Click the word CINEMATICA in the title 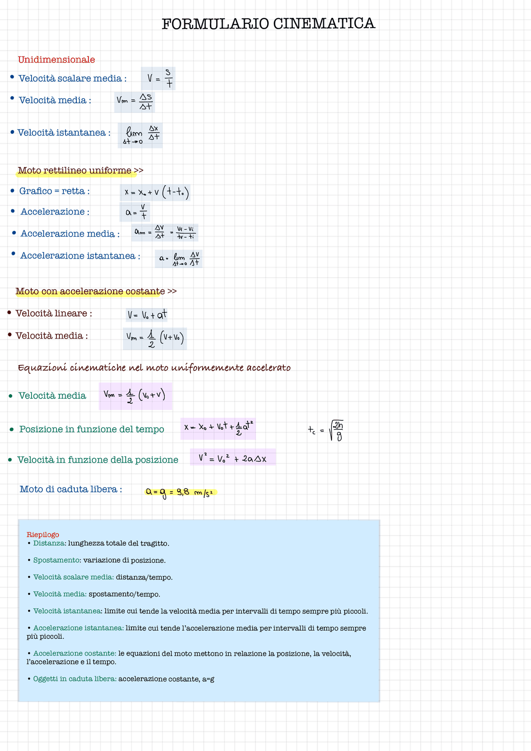tap(324, 24)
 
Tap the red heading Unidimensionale tap(56, 60)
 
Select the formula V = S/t tap(158, 78)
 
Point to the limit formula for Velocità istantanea tap(141, 135)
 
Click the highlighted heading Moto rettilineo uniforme tap(75, 170)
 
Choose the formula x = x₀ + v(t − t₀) tap(156, 192)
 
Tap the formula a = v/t tap(135, 212)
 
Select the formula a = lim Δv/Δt tap(179, 259)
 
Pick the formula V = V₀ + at tap(147, 315)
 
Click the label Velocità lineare tap(54, 313)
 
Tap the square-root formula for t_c tap(327, 431)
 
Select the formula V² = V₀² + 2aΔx tap(233, 458)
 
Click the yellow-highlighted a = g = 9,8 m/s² tap(180, 492)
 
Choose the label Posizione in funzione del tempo tap(92, 429)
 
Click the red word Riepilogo tap(43, 535)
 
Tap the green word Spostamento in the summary tap(56, 560)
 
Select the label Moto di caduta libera tap(71, 489)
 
